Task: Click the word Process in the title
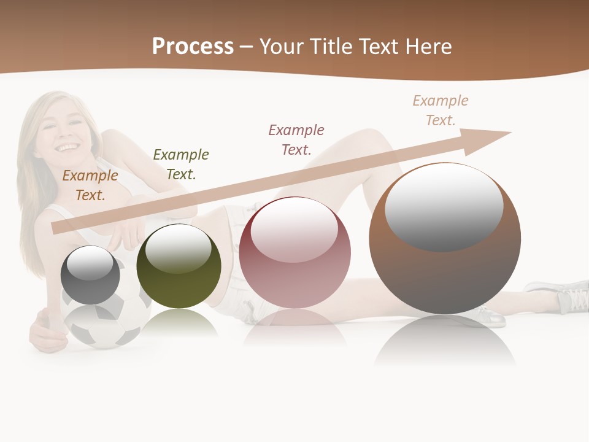point(193,47)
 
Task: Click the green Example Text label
point(181,164)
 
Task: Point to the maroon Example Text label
point(296,139)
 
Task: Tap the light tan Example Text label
point(441,110)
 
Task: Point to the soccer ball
point(107,325)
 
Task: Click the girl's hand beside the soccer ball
point(46,328)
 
